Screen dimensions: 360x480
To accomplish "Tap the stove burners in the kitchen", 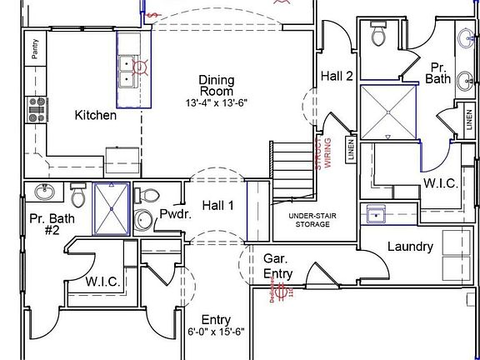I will (37, 109).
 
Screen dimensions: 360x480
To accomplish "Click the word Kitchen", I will (96, 115).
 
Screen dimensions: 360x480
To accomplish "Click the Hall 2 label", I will (337, 76).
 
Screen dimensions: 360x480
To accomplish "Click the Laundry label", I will (410, 247).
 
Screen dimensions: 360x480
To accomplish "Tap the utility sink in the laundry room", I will (377, 214).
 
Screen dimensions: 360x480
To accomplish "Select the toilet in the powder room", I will (148, 197).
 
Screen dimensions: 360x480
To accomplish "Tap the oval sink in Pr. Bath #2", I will (44, 192).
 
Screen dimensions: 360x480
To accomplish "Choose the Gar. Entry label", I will (277, 266).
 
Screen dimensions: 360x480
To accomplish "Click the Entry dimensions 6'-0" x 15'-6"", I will (216, 332).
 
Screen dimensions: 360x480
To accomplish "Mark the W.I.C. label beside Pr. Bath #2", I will (103, 282).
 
